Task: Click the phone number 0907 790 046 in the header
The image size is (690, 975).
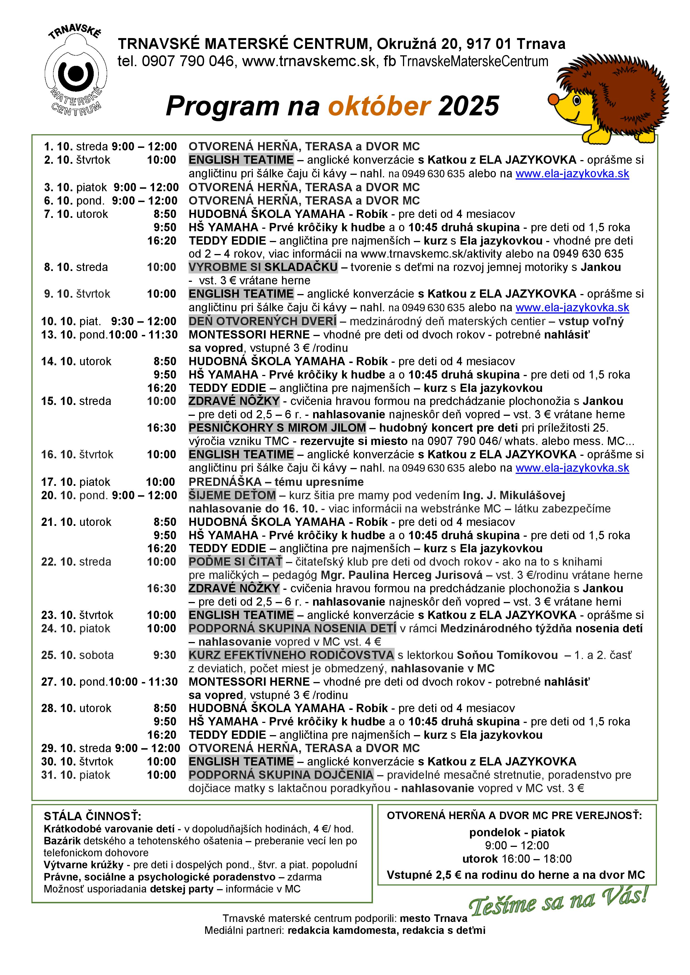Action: [188, 62]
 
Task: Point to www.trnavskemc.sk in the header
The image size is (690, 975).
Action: [309, 62]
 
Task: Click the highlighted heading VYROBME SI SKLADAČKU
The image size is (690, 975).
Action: [263, 267]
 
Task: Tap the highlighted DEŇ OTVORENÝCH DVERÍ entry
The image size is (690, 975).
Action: [263, 321]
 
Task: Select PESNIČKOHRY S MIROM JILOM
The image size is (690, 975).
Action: [277, 428]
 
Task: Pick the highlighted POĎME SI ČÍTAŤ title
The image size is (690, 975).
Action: [235, 562]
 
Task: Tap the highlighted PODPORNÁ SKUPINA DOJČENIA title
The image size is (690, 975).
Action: [281, 775]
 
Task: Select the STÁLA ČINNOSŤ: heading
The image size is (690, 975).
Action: [92, 816]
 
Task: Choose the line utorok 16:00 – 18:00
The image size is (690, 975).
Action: [517, 859]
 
